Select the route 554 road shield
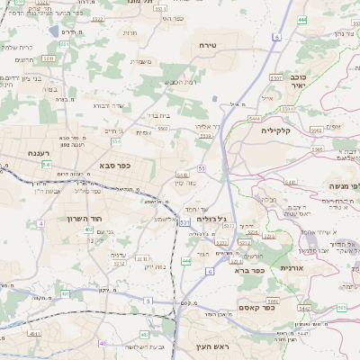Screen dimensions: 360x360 [116, 140]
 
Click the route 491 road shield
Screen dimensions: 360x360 [65, 293]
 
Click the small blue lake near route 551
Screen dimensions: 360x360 [56, 31]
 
